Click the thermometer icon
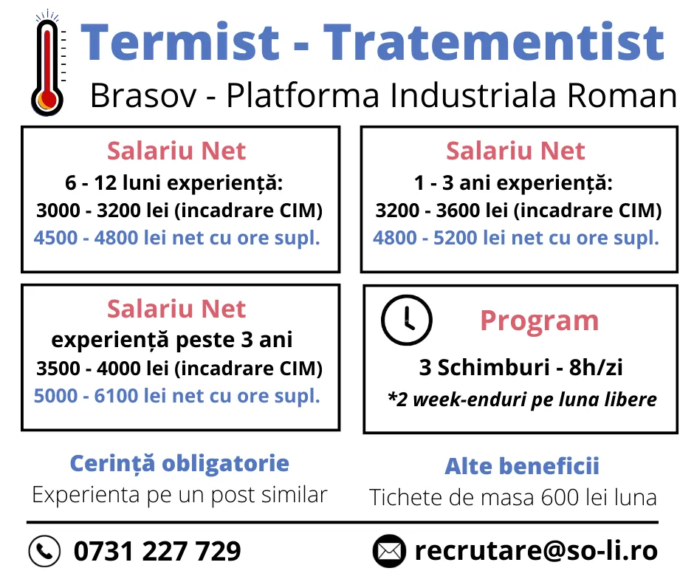(47, 64)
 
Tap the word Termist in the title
(180, 42)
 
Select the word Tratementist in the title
(494, 42)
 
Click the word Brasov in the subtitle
(143, 95)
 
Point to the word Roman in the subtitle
(622, 95)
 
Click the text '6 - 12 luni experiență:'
(174, 183)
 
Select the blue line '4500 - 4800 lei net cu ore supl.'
(177, 238)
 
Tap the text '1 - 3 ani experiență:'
(513, 183)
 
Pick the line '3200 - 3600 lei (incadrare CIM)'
(519, 210)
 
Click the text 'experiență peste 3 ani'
(172, 340)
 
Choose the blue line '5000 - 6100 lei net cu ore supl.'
(177, 396)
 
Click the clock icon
(406, 320)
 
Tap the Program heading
(540, 321)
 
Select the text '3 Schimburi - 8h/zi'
(521, 367)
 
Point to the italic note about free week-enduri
(522, 400)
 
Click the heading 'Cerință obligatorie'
(179, 464)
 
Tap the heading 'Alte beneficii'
(522, 466)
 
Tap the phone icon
(44, 551)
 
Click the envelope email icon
(389, 551)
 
